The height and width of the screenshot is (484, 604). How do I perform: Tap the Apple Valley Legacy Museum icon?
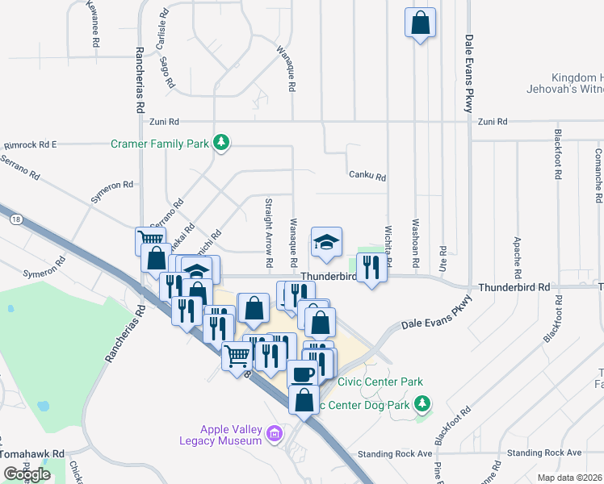275,435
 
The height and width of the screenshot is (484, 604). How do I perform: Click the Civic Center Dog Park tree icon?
422,402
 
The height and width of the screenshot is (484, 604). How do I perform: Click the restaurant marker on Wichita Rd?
371,267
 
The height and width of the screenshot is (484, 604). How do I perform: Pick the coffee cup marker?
303,373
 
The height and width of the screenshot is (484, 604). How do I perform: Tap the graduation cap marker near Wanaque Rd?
326,243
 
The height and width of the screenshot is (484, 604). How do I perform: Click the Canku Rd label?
367,176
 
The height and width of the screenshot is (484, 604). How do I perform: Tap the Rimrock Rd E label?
30,145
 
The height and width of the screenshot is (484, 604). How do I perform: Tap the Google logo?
27,474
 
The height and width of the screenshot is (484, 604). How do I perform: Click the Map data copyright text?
568,478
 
